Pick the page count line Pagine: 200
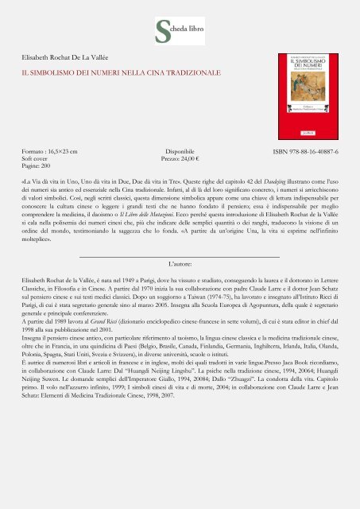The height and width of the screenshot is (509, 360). point(39,165)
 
